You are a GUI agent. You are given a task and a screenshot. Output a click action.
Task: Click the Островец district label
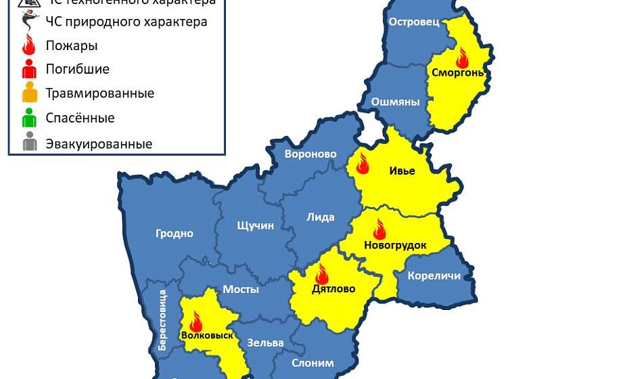pos(414,22)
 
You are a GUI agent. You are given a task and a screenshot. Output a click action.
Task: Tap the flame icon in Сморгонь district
pos(462,58)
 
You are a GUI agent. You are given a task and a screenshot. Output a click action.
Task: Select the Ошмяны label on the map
pos(395,102)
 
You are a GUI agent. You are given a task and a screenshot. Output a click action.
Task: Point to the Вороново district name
pos(310,154)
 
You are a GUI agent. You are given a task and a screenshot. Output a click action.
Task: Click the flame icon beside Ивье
pos(362,164)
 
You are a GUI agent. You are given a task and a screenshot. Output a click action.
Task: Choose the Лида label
pos(321,217)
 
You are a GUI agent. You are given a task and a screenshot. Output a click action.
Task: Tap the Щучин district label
pos(256,225)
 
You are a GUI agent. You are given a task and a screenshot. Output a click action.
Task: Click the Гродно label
pos(175,233)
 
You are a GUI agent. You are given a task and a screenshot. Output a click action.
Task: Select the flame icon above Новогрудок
pos(379,229)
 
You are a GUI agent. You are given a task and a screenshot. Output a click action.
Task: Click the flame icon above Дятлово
pos(321,274)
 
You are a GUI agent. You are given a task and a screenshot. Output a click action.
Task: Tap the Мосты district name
pos(241,289)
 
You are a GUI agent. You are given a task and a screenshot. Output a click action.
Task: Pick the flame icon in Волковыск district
pos(196,321)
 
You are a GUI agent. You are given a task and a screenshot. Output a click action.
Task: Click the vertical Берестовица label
pos(162,319)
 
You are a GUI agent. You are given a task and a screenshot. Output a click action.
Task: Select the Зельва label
pos(265,342)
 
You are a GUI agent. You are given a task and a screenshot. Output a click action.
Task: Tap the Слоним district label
pos(312,363)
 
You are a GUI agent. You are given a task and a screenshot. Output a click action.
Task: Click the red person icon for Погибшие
pos(29,68)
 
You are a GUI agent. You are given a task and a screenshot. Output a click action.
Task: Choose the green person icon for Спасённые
pos(29,118)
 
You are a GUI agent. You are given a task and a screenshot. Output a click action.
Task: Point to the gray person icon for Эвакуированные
pos(29,143)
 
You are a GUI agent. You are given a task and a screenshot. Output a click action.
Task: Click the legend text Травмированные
pos(99,93)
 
